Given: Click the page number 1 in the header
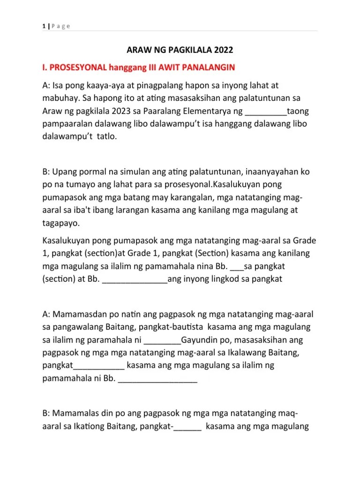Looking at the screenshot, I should (43, 26).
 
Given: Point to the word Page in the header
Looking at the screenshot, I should (61, 26).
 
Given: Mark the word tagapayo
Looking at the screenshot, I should (61, 223).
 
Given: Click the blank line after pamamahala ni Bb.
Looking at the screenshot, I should (158, 380).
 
